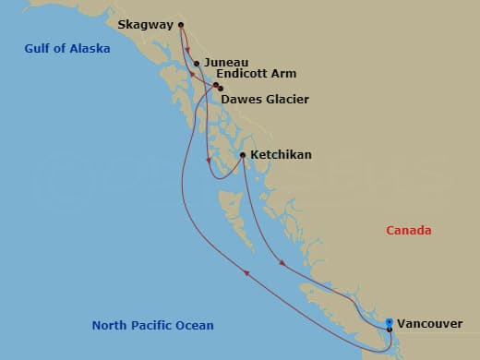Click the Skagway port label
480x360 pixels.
pyautogui.click(x=145, y=26)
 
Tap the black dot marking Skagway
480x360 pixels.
pyautogui.click(x=181, y=25)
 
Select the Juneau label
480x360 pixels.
pyautogui.click(x=225, y=64)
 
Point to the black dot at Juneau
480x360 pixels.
pyautogui.click(x=197, y=64)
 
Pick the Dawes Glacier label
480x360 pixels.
pyautogui.click(x=265, y=99)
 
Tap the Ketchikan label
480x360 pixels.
pyautogui.click(x=281, y=155)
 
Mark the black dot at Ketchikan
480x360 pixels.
pyautogui.click(x=242, y=154)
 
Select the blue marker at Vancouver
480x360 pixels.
pyautogui.click(x=390, y=323)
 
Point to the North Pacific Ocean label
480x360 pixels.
pyautogui.click(x=152, y=325)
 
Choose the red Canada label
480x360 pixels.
pyautogui.click(x=410, y=231)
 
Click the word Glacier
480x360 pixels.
pyautogui.click(x=285, y=99)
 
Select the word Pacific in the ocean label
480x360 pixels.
pyautogui.click(x=151, y=325)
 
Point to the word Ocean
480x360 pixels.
pyautogui.click(x=194, y=325)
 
